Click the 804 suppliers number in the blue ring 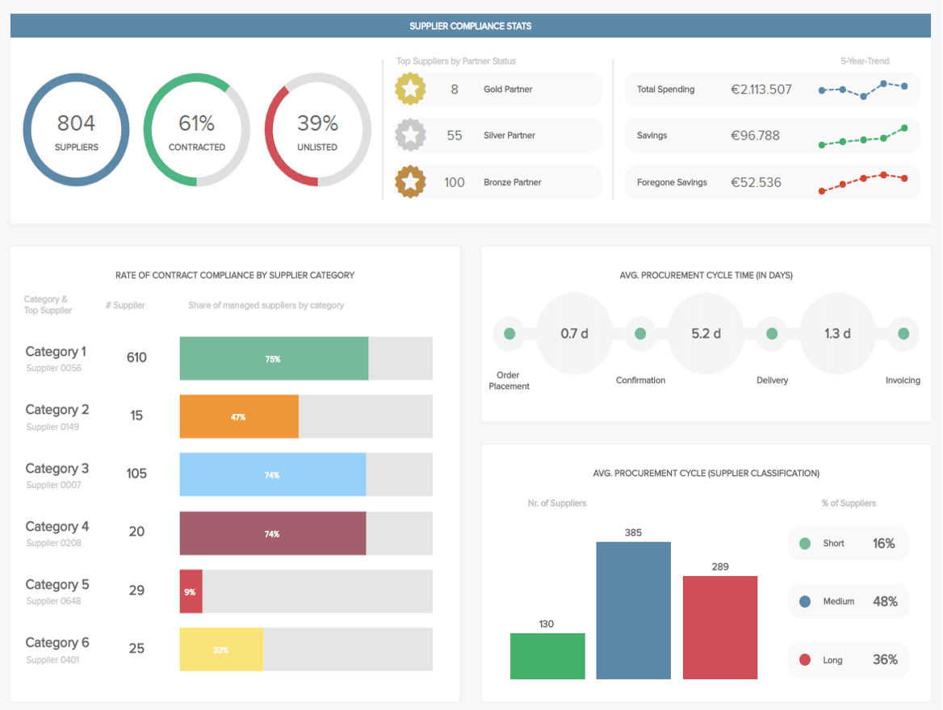[x=76, y=123]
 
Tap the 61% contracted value [x=196, y=123]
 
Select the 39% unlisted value [x=317, y=123]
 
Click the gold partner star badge [x=410, y=90]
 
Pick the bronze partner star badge [x=410, y=182]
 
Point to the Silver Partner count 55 [x=455, y=136]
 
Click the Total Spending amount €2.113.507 [x=761, y=90]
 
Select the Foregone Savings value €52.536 [x=756, y=182]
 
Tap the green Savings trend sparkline [x=862, y=138]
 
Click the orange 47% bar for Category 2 [x=239, y=416]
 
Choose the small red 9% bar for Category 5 [x=191, y=591]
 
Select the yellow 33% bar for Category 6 [x=221, y=649]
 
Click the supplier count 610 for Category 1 [x=136, y=357]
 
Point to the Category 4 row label [x=57, y=527]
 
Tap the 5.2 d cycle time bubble [x=706, y=333]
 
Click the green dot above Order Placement [x=509, y=333]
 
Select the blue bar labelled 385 [x=633, y=610]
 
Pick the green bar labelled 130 [x=547, y=656]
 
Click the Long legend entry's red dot [x=805, y=660]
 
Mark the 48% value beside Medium [x=885, y=601]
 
